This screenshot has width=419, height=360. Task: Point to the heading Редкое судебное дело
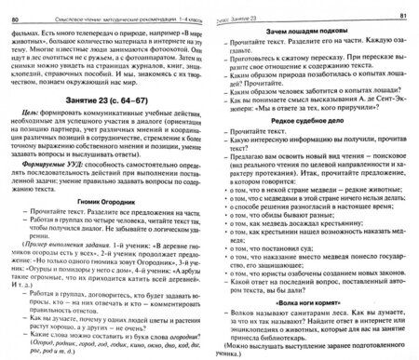click(x=316, y=146)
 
